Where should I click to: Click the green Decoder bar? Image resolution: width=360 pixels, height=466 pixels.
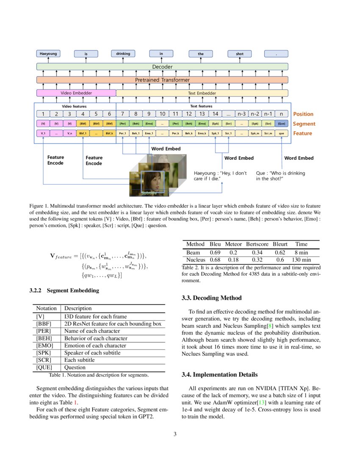[162, 67]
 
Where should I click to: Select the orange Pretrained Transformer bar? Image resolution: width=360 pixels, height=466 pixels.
[162, 80]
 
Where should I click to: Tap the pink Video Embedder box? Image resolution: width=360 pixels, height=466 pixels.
[76, 93]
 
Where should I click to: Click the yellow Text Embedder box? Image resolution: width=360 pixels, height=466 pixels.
[202, 93]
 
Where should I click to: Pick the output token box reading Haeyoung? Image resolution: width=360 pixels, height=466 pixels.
[48, 54]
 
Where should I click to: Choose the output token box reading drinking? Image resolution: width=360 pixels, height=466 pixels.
[123, 54]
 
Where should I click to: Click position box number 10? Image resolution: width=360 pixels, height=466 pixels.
[162, 114]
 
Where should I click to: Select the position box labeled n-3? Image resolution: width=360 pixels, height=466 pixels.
[242, 114]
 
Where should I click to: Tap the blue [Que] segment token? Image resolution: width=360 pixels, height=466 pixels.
[281, 123]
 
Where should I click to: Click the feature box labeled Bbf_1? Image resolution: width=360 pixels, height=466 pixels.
[83, 133]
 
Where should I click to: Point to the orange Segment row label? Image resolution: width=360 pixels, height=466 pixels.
[304, 124]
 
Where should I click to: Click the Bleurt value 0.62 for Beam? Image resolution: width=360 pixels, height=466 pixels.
[280, 252]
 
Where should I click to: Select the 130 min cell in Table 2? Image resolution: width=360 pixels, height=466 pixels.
[301, 260]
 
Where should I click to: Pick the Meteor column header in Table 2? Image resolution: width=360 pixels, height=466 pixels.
[234, 244]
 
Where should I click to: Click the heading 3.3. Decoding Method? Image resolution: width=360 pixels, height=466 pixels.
[211, 298]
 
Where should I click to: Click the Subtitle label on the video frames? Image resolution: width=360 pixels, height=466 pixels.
[149, 193]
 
